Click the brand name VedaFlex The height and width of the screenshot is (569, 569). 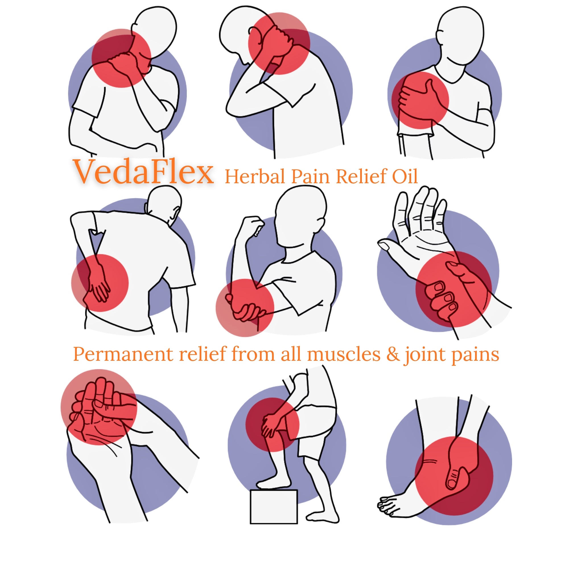coord(143,172)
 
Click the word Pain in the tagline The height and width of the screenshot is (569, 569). coord(310,177)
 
